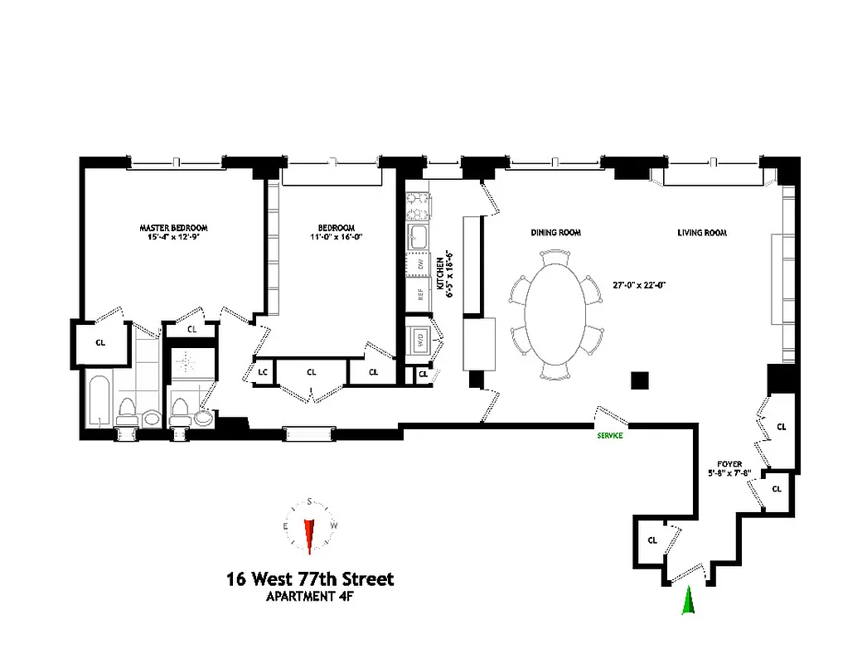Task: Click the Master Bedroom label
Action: click(172, 228)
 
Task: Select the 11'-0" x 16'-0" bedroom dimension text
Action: click(336, 236)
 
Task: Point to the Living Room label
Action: click(702, 233)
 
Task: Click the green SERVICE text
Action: click(609, 435)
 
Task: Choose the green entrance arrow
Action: click(687, 601)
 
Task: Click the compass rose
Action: click(310, 527)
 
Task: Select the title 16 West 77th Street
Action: click(310, 578)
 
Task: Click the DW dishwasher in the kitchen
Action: click(419, 264)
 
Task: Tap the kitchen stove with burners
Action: click(415, 201)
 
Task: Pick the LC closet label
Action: click(262, 372)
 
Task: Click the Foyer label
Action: click(729, 464)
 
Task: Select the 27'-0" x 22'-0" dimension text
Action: click(638, 284)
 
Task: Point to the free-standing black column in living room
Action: click(639, 380)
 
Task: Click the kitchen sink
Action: click(417, 235)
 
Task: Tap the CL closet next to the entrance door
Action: click(651, 540)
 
